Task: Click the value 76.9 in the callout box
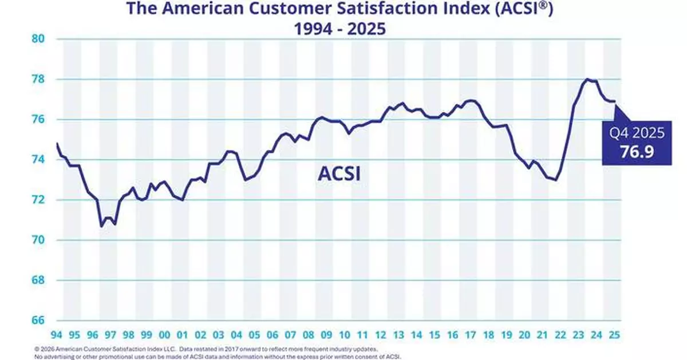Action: click(635, 151)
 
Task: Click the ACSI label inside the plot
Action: click(339, 174)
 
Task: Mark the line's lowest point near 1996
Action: click(101, 227)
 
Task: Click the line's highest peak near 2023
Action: click(587, 79)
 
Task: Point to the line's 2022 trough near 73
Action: click(556, 180)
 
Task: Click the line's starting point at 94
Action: click(57, 143)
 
